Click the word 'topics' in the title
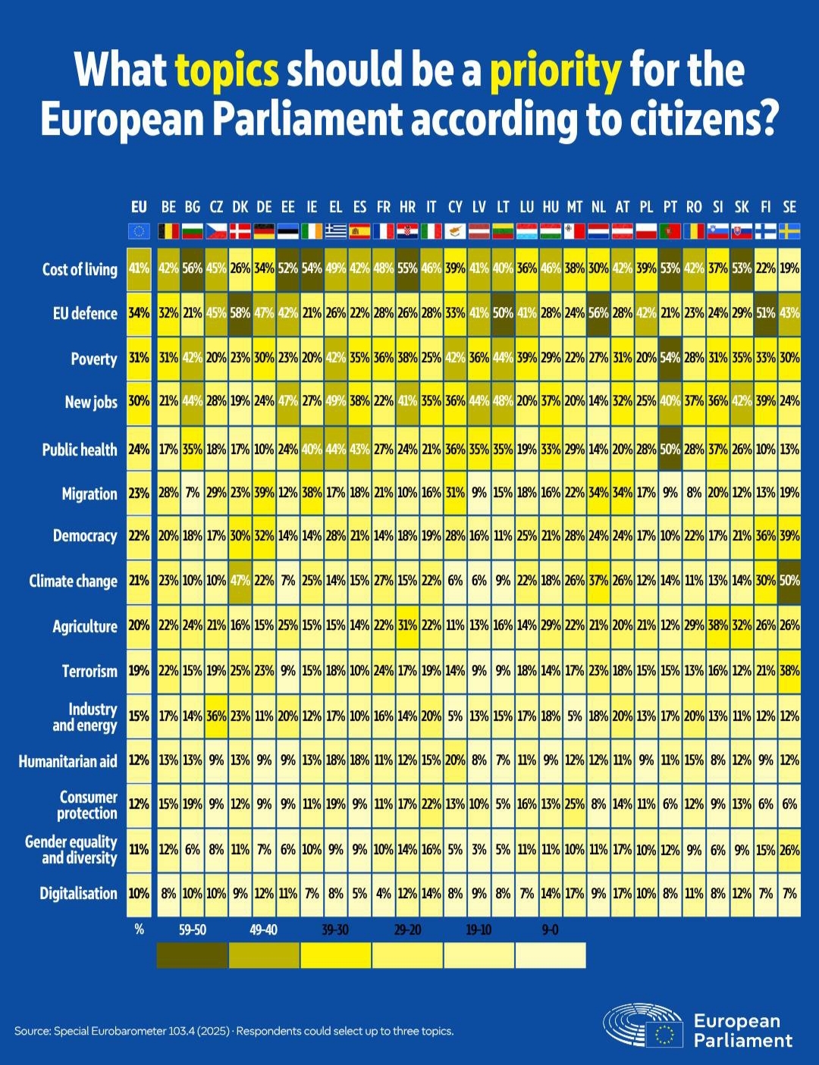coord(227,70)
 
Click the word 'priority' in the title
coord(555,70)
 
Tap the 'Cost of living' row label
coord(80,269)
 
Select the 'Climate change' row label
coord(73,581)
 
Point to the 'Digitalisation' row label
coord(78,894)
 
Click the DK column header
coord(240,207)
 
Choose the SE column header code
coord(789,207)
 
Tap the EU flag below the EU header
coord(139,231)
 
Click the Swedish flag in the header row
coord(789,231)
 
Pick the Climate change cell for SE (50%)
coord(789,581)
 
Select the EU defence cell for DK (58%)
coord(240,313)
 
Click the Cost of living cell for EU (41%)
coord(139,268)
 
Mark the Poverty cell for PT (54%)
coord(670,358)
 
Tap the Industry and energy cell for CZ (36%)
coord(217,716)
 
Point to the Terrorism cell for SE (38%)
coord(789,671)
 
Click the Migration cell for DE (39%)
coord(264,493)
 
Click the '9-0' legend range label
coord(550,929)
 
